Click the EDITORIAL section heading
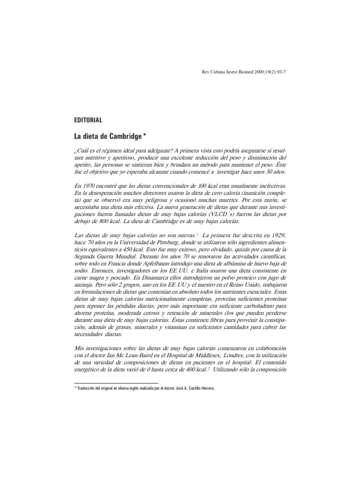(85, 120)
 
